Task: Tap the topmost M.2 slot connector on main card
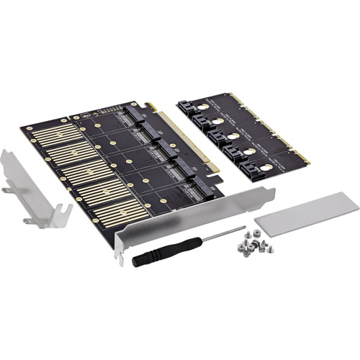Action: tap(135, 114)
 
